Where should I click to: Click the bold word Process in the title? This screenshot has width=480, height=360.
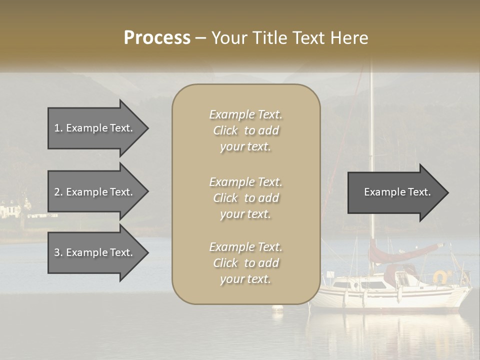(x=157, y=38)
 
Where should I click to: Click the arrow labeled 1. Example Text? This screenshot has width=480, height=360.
(x=95, y=128)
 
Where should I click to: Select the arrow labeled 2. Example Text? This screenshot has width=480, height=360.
(x=95, y=192)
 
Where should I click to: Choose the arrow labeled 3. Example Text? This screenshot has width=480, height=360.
(x=95, y=253)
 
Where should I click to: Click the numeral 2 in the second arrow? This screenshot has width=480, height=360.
(x=57, y=192)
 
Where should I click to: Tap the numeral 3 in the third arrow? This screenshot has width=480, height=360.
(x=57, y=253)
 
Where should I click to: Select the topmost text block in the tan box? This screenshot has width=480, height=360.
(x=245, y=130)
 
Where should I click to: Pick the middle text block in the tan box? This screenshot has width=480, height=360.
(x=245, y=198)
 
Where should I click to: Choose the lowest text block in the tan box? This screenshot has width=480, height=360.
(x=245, y=263)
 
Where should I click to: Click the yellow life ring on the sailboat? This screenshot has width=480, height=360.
(x=440, y=276)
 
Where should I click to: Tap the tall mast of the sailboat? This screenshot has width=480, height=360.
(x=371, y=150)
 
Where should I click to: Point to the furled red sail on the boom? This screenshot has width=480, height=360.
(x=405, y=253)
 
